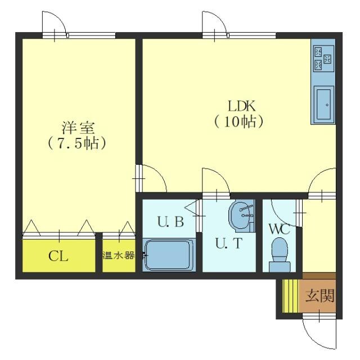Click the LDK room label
pos(242,105)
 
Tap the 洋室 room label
pos(78,127)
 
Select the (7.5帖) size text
pos(77,143)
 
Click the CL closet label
pos(58,257)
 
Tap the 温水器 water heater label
pos(119,255)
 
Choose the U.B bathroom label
pos(170,222)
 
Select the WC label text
pos(278,229)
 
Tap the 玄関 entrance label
pos(319,296)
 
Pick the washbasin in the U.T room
pos(242,215)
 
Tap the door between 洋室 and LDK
pos(151,178)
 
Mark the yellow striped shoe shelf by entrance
pos(288,296)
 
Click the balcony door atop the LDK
pos(216,25)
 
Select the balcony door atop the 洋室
pos(55,25)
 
